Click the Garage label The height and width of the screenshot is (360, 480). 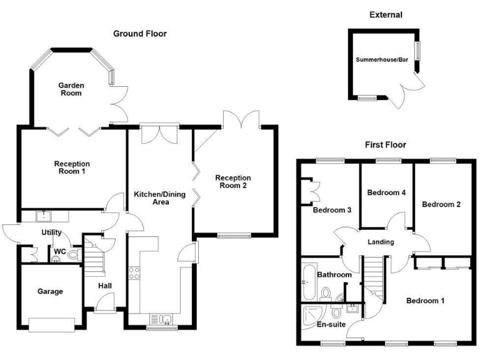(x=50, y=291)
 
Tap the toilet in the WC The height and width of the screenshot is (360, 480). (x=74, y=254)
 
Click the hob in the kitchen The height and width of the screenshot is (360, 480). (x=133, y=272)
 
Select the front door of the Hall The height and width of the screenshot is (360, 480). (x=105, y=307)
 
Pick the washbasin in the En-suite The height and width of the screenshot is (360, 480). (x=351, y=307)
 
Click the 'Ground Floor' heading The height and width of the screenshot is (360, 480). (x=139, y=34)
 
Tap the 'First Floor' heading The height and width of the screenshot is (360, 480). (x=386, y=145)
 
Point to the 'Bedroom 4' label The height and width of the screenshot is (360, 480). (x=386, y=192)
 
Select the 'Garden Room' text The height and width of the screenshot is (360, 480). (x=71, y=89)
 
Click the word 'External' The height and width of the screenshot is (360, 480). (x=386, y=14)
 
